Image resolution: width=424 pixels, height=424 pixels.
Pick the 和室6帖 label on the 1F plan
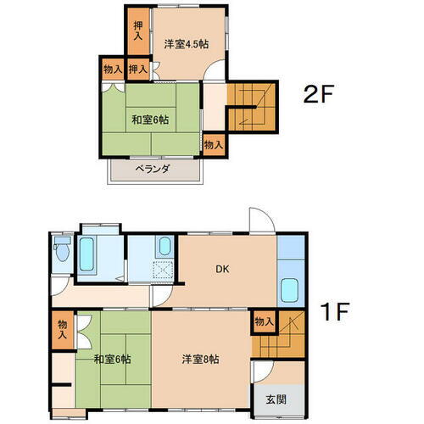coord(112,360)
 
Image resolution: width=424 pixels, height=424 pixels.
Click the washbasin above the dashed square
coord(164,247)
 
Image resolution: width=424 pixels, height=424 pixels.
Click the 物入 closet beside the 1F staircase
coord(264,321)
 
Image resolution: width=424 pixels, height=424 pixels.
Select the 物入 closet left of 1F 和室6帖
coord(62,328)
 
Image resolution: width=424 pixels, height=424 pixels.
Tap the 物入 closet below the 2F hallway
coord(213,145)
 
